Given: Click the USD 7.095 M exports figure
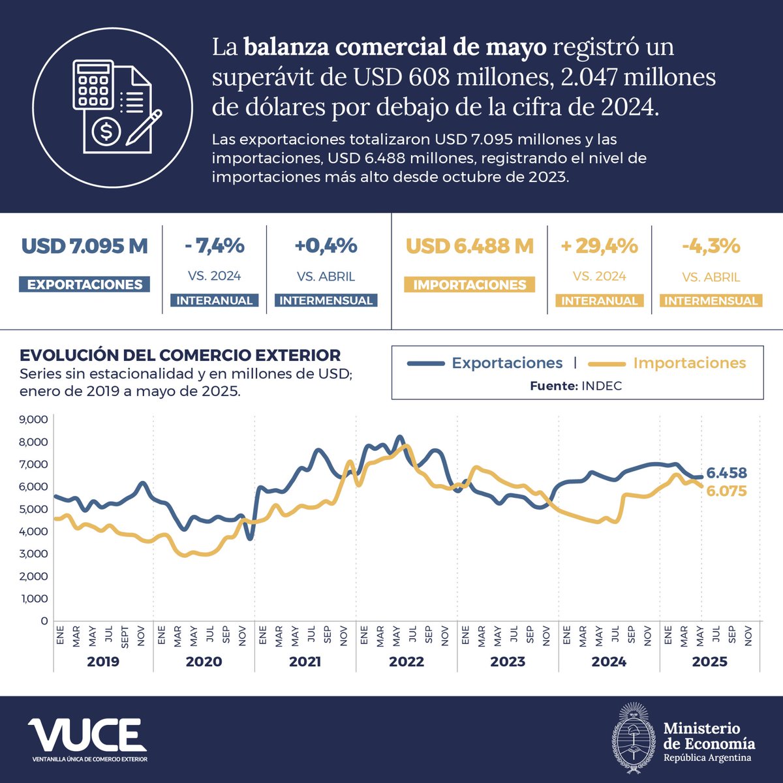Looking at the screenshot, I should tap(85, 247).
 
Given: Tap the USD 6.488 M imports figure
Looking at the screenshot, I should tap(470, 247).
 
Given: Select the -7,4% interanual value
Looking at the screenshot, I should tap(214, 246).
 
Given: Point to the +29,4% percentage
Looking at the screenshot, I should tap(599, 246).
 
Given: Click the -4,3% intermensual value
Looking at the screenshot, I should tap(711, 246).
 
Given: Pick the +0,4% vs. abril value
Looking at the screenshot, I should tap(326, 246).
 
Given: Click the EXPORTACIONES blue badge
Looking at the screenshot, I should tap(85, 284).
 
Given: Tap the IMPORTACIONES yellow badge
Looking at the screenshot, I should tap(470, 285).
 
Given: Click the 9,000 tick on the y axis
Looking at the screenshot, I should tap(35, 420).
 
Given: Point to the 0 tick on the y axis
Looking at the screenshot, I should tap(44, 621).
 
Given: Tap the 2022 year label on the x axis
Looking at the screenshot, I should tap(407, 662).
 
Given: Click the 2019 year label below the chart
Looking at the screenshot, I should tap(103, 662).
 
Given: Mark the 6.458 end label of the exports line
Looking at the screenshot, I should tap(726, 473).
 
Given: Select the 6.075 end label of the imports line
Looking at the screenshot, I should tap(726, 491).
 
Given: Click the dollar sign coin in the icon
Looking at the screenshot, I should tap(106, 132).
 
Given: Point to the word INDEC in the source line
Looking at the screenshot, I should tap(602, 386).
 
